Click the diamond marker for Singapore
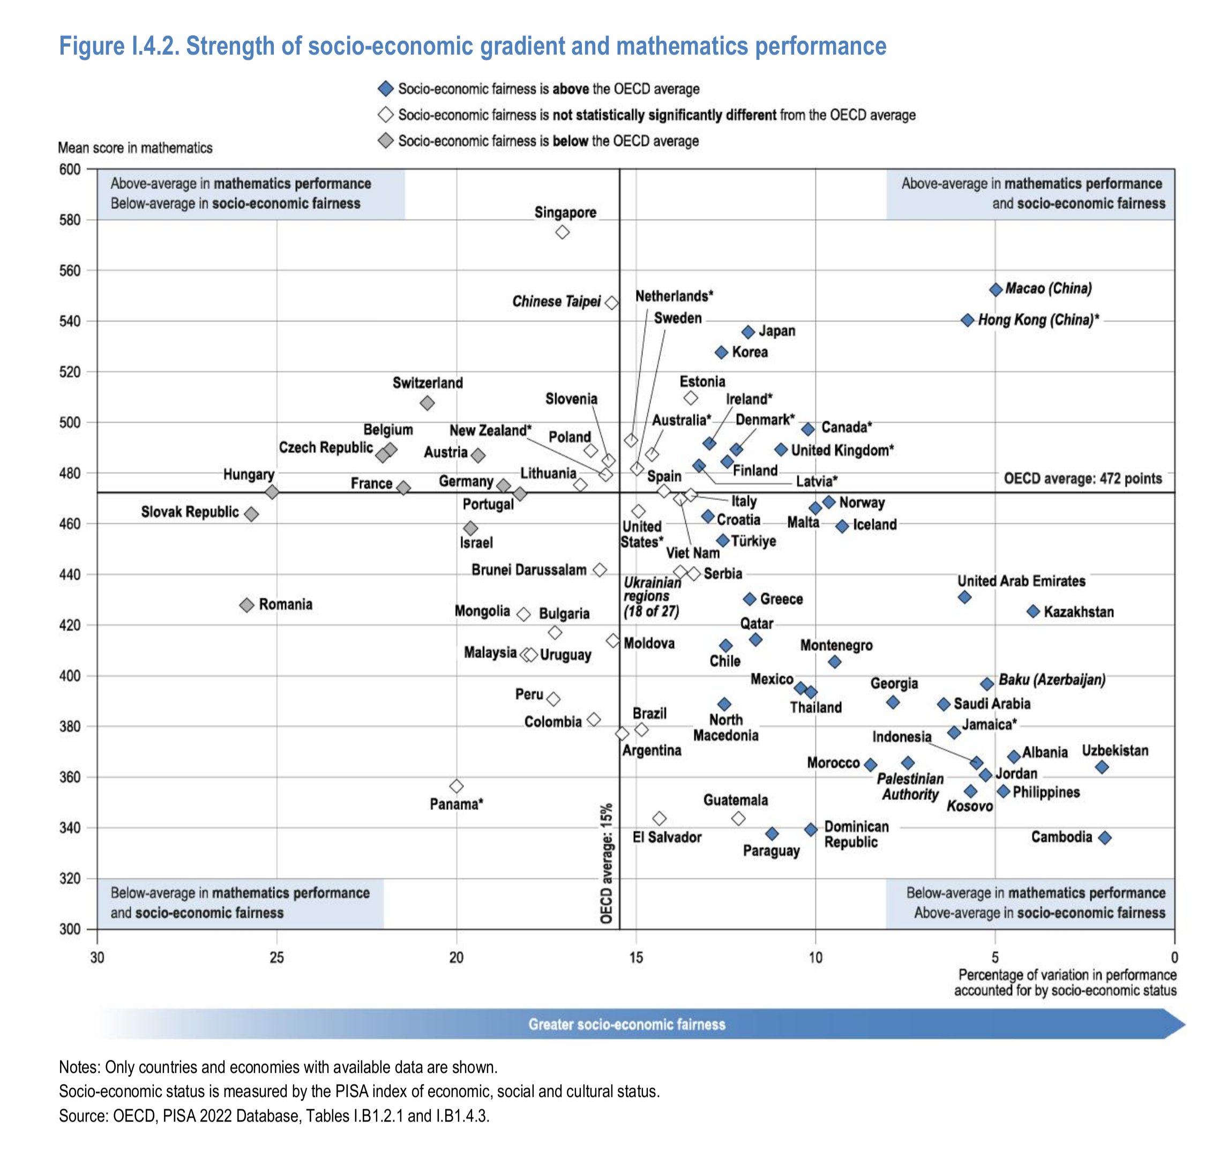point(562,232)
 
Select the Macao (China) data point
point(995,289)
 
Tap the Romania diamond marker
point(247,605)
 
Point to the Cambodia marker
point(1105,838)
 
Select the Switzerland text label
point(428,383)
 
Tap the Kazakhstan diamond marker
point(1033,611)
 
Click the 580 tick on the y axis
point(70,220)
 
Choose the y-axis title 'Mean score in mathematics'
point(134,148)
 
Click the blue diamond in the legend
point(386,89)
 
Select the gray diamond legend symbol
point(386,141)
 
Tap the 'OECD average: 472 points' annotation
point(1082,479)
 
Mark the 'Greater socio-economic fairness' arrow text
point(626,1025)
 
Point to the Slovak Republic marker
point(251,513)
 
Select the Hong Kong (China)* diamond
point(967,320)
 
